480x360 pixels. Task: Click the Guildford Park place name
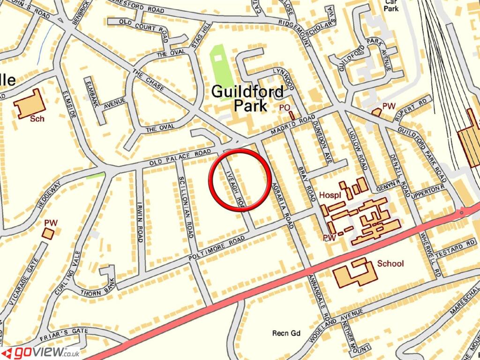pos(247,98)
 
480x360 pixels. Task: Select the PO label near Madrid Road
pos(284,108)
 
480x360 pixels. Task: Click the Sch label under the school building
pos(37,119)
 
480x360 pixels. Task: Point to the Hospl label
pos(330,195)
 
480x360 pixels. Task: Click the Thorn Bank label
pos(97,290)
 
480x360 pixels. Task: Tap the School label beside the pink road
pos(390,263)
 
